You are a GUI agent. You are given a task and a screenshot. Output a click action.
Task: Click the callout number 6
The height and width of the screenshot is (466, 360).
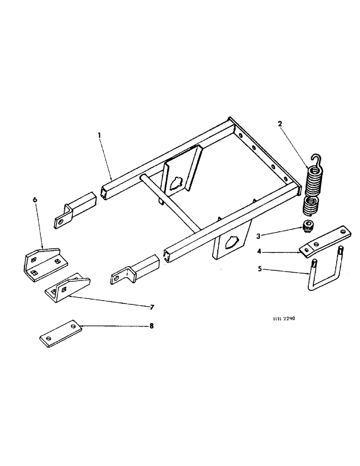pos(35,199)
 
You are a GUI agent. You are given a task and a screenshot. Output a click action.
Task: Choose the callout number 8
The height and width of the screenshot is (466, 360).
pos(151,326)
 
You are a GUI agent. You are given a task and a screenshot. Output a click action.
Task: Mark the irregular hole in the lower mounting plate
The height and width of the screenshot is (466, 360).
pos(230,242)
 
